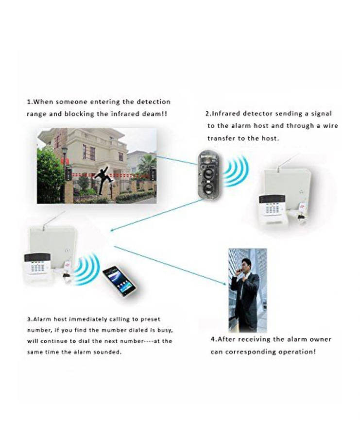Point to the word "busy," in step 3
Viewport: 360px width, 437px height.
[x=165, y=331]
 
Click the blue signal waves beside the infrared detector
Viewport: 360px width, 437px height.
[x=236, y=170]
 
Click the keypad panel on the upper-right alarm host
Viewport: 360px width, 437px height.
[x=270, y=206]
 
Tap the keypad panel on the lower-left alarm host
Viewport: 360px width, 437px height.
[x=37, y=264]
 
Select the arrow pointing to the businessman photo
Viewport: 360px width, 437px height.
[x=170, y=266]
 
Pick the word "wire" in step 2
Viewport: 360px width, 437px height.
[x=330, y=126]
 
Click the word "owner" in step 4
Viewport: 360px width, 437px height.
[x=320, y=339]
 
